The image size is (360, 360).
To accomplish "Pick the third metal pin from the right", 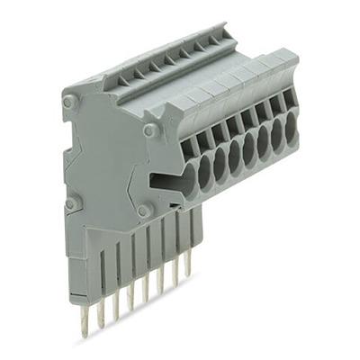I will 160,281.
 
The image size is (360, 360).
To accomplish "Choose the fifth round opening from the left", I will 251,146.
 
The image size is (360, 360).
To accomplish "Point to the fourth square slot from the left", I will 232,124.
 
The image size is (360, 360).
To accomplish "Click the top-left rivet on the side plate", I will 69,103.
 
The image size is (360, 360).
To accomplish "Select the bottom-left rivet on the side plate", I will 69,204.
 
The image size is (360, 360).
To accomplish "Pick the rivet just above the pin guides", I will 144,211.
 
